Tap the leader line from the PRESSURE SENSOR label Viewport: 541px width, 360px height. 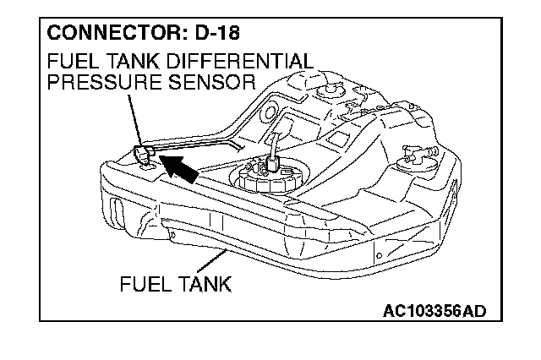pos(131,118)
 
